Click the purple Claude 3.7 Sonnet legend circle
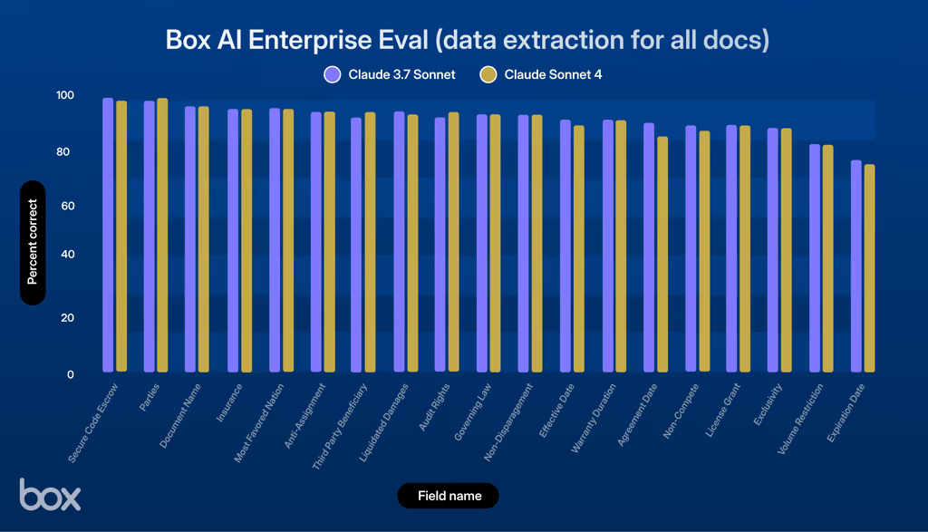332,74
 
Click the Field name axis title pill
448,496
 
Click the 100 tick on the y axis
64,95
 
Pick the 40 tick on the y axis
65,255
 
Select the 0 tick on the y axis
70,373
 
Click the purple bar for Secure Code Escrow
108,236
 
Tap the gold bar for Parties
162,236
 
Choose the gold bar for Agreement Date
662,255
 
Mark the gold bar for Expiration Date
870,268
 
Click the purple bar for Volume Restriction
815,258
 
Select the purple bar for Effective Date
565,247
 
